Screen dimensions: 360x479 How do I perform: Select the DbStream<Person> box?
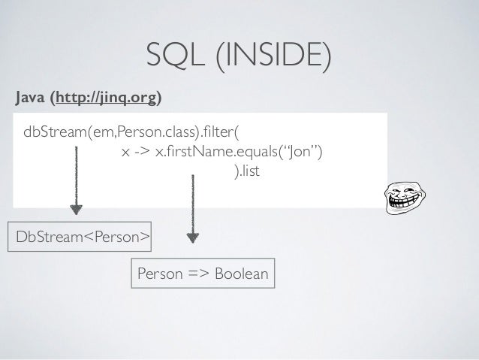[80, 237]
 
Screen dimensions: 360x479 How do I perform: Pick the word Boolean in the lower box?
[241, 274]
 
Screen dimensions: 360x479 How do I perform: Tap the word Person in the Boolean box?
[158, 274]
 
